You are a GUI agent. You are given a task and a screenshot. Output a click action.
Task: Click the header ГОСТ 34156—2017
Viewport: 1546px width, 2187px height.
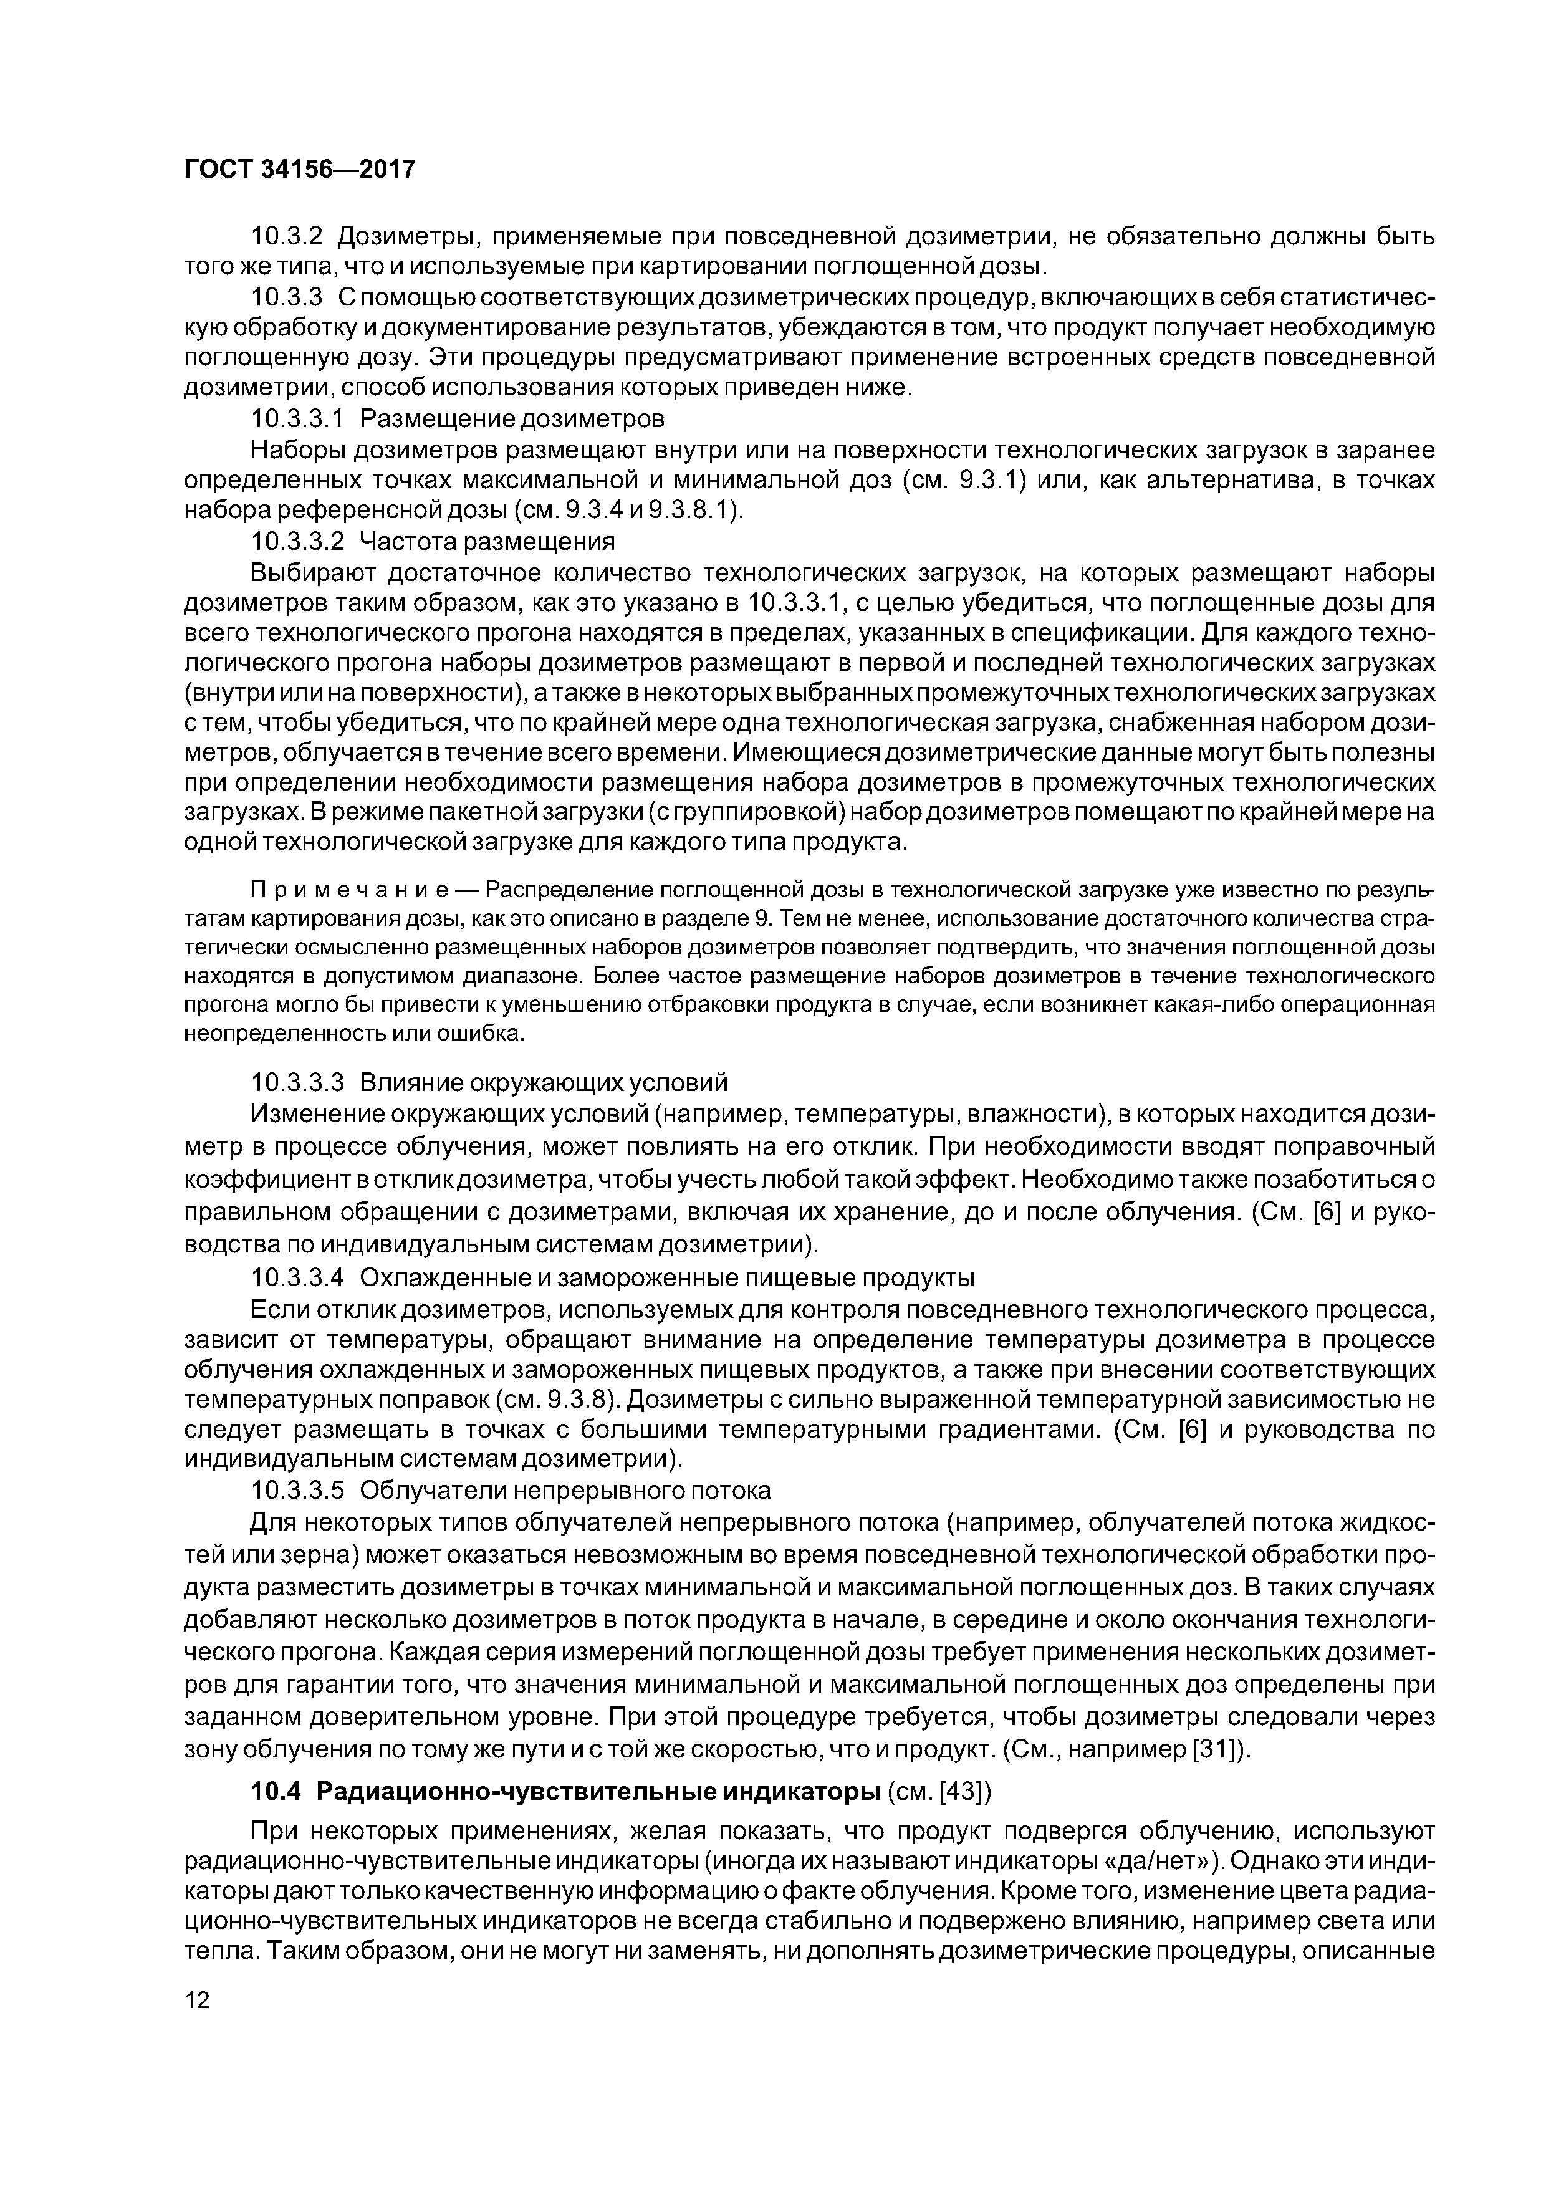(299, 170)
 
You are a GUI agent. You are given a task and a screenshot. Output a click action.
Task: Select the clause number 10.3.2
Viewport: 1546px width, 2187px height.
(287, 234)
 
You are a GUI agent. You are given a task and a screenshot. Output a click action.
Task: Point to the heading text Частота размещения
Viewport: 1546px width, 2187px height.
(487, 541)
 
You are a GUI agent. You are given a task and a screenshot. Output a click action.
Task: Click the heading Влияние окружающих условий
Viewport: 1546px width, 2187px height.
(543, 1082)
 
